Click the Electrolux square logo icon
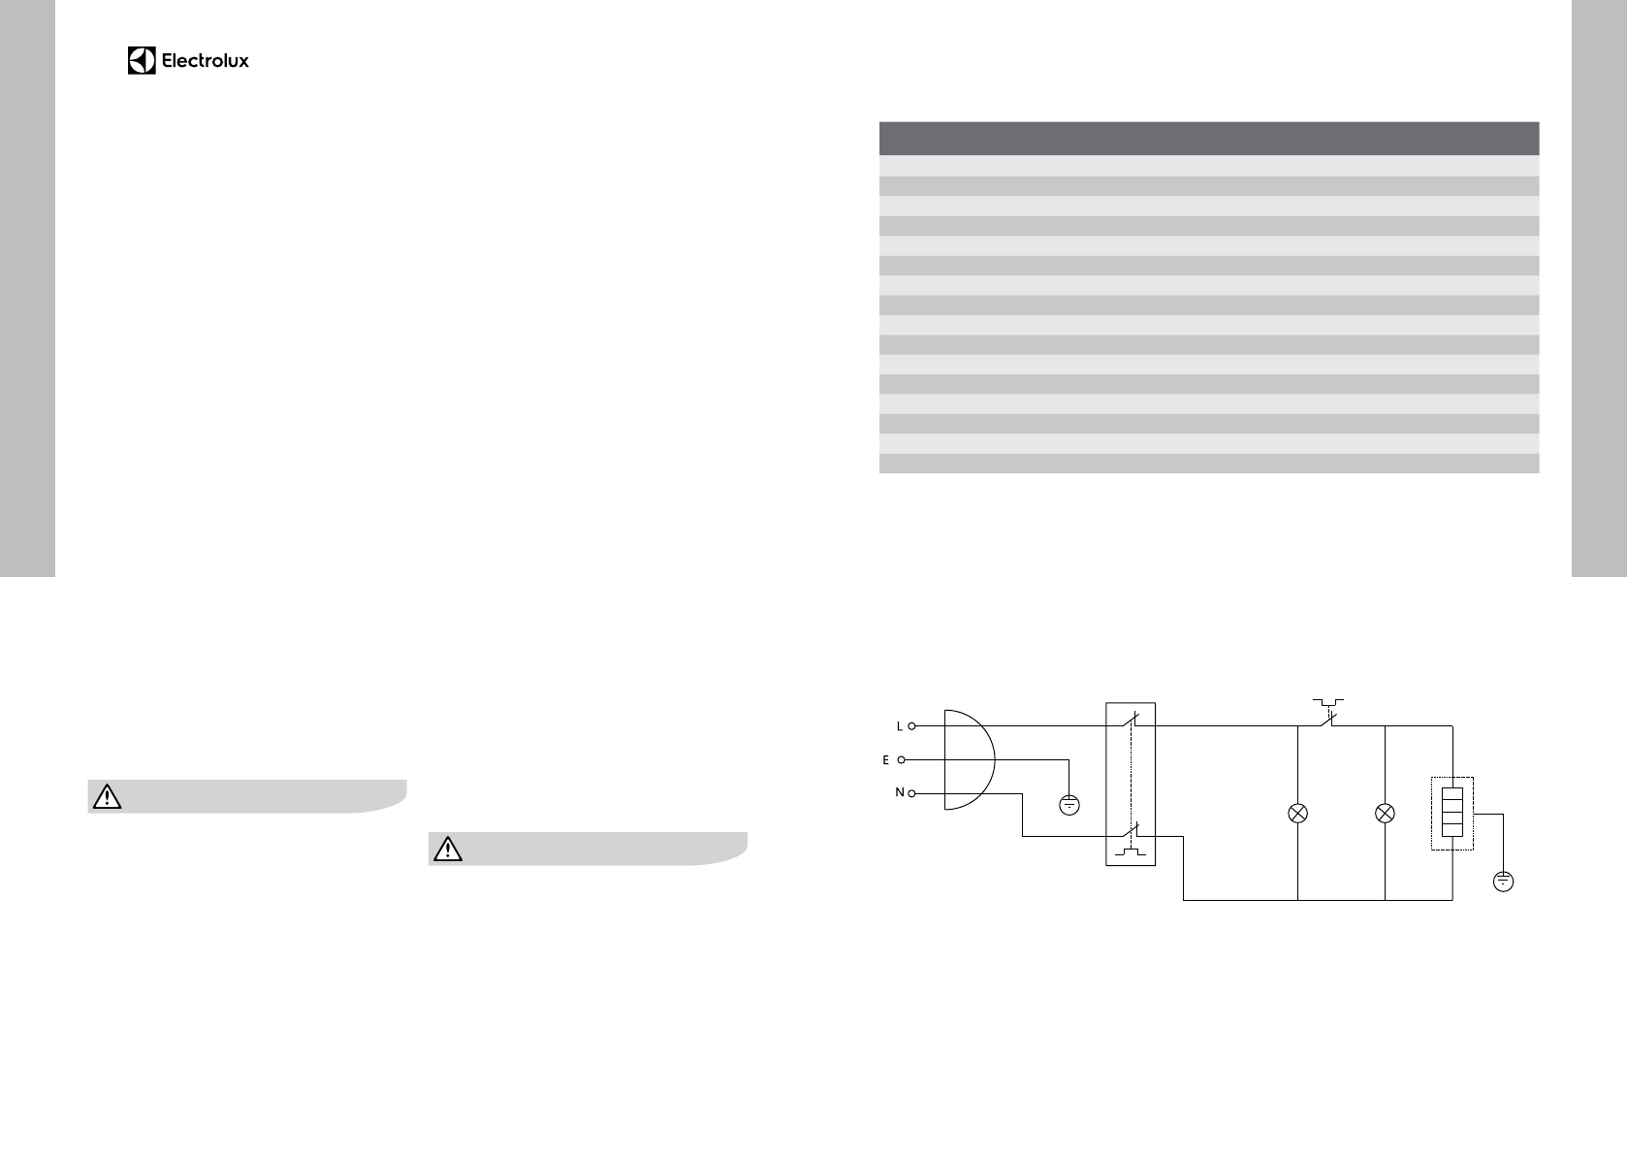(142, 60)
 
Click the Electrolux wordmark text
(206, 61)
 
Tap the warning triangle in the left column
(107, 796)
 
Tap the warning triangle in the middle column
(447, 849)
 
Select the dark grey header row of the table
(1209, 138)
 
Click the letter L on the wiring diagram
(899, 726)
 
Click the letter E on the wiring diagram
(885, 760)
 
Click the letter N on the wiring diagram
(899, 792)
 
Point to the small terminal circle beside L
(911, 725)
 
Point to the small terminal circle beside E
(902, 760)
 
